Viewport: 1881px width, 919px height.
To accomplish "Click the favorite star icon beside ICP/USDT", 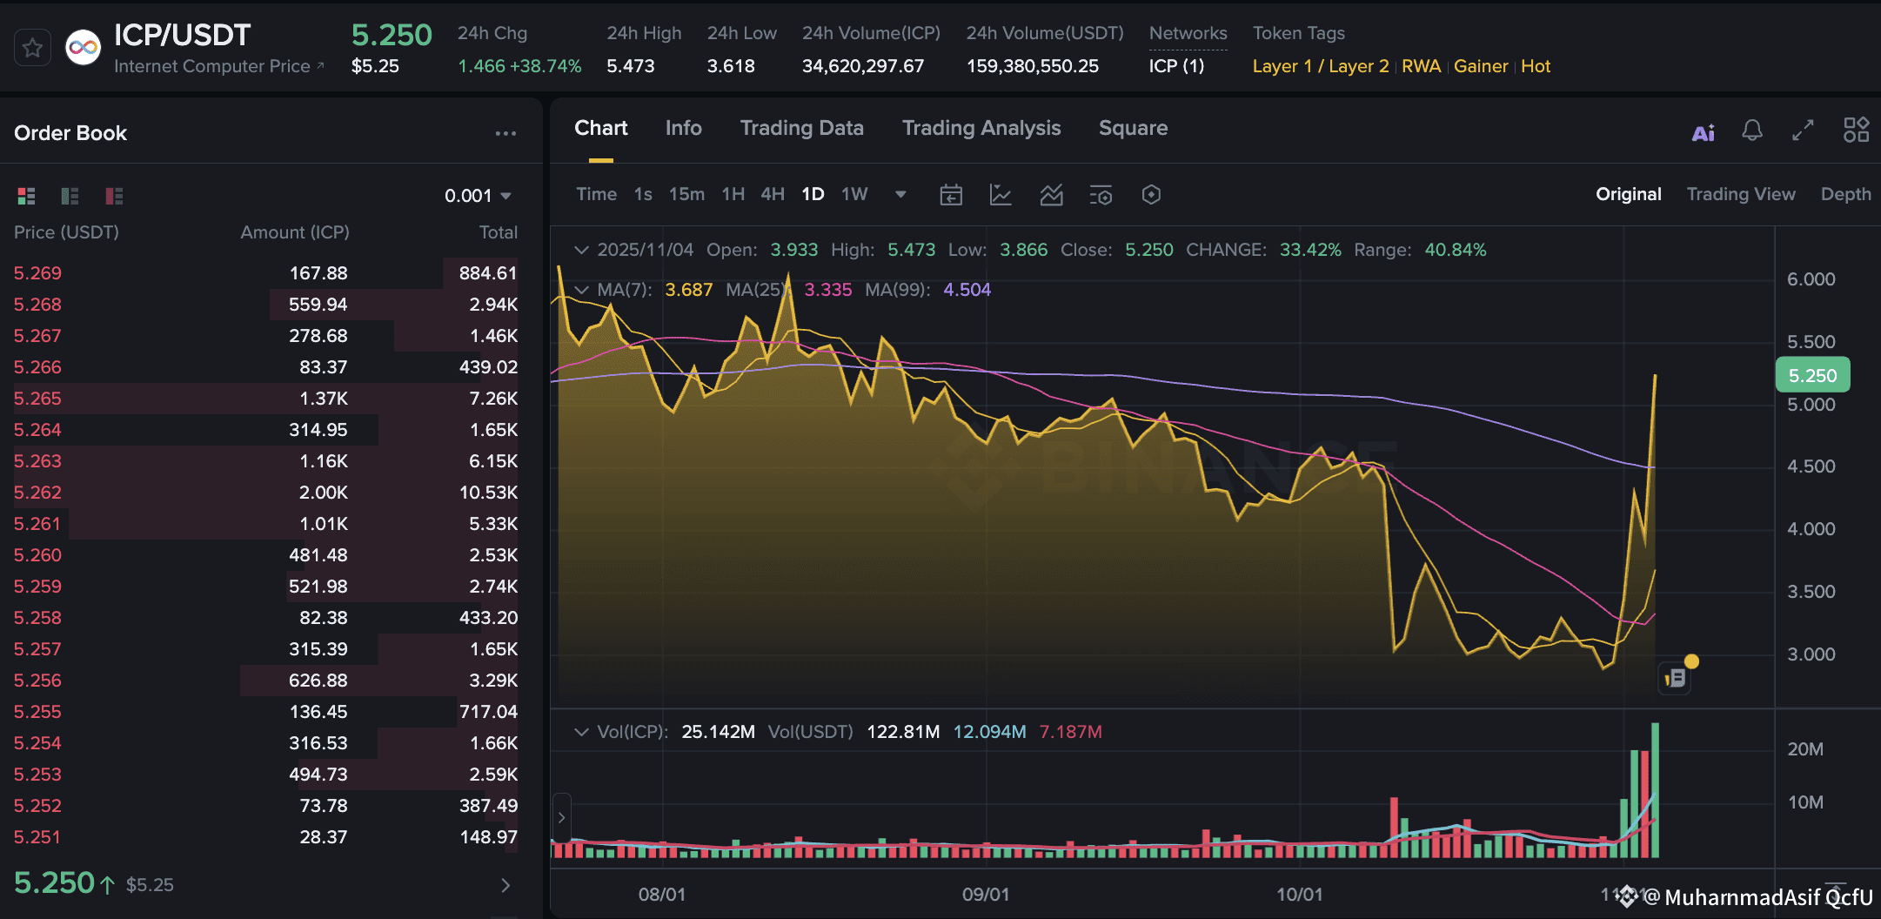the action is click(x=32, y=48).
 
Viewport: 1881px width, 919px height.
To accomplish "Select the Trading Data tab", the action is click(x=801, y=128).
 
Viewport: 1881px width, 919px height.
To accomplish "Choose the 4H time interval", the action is click(x=773, y=194).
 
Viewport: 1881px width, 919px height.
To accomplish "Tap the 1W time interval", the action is click(x=854, y=194).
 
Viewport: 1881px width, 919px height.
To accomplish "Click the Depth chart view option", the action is click(x=1845, y=194).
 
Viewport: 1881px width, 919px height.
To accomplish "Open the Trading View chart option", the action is click(x=1740, y=194).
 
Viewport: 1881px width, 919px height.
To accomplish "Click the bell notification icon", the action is click(x=1752, y=131).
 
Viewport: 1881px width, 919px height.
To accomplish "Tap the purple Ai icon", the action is click(x=1703, y=132).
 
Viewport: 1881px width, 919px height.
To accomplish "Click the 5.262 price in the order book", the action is click(x=37, y=493).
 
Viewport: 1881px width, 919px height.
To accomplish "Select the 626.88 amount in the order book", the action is click(x=318, y=681).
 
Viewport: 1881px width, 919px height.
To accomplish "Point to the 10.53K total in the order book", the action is click(x=488, y=493).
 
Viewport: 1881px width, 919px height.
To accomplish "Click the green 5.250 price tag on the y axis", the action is click(x=1812, y=375).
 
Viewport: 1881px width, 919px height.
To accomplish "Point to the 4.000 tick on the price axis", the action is click(x=1811, y=529).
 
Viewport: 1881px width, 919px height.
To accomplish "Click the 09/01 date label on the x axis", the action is click(x=986, y=895).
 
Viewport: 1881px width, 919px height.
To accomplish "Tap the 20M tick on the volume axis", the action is click(x=1805, y=749).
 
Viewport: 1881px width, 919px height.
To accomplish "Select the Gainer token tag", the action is click(x=1481, y=66).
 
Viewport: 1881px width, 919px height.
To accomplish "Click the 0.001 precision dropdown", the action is click(x=478, y=196).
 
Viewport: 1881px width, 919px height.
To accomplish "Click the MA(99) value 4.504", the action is click(x=967, y=290).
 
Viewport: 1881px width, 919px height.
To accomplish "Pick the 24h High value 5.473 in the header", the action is click(x=630, y=66).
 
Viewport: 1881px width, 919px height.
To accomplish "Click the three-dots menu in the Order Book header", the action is click(x=505, y=133).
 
